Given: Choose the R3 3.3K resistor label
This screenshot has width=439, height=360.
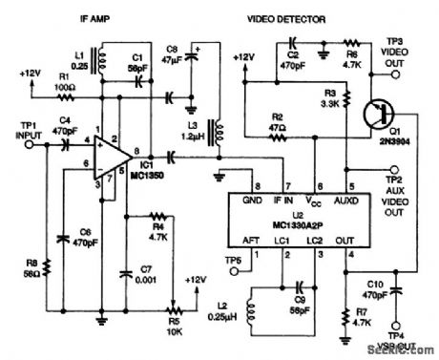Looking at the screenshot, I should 333,97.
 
